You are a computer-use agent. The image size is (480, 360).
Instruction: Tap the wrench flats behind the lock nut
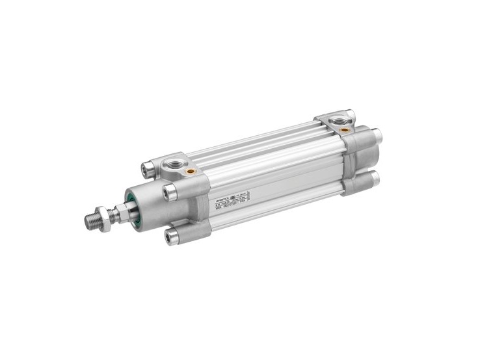(x=120, y=211)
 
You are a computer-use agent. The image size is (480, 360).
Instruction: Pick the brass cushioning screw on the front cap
(x=192, y=172)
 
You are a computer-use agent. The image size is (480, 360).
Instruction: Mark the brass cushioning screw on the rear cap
(x=345, y=130)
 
